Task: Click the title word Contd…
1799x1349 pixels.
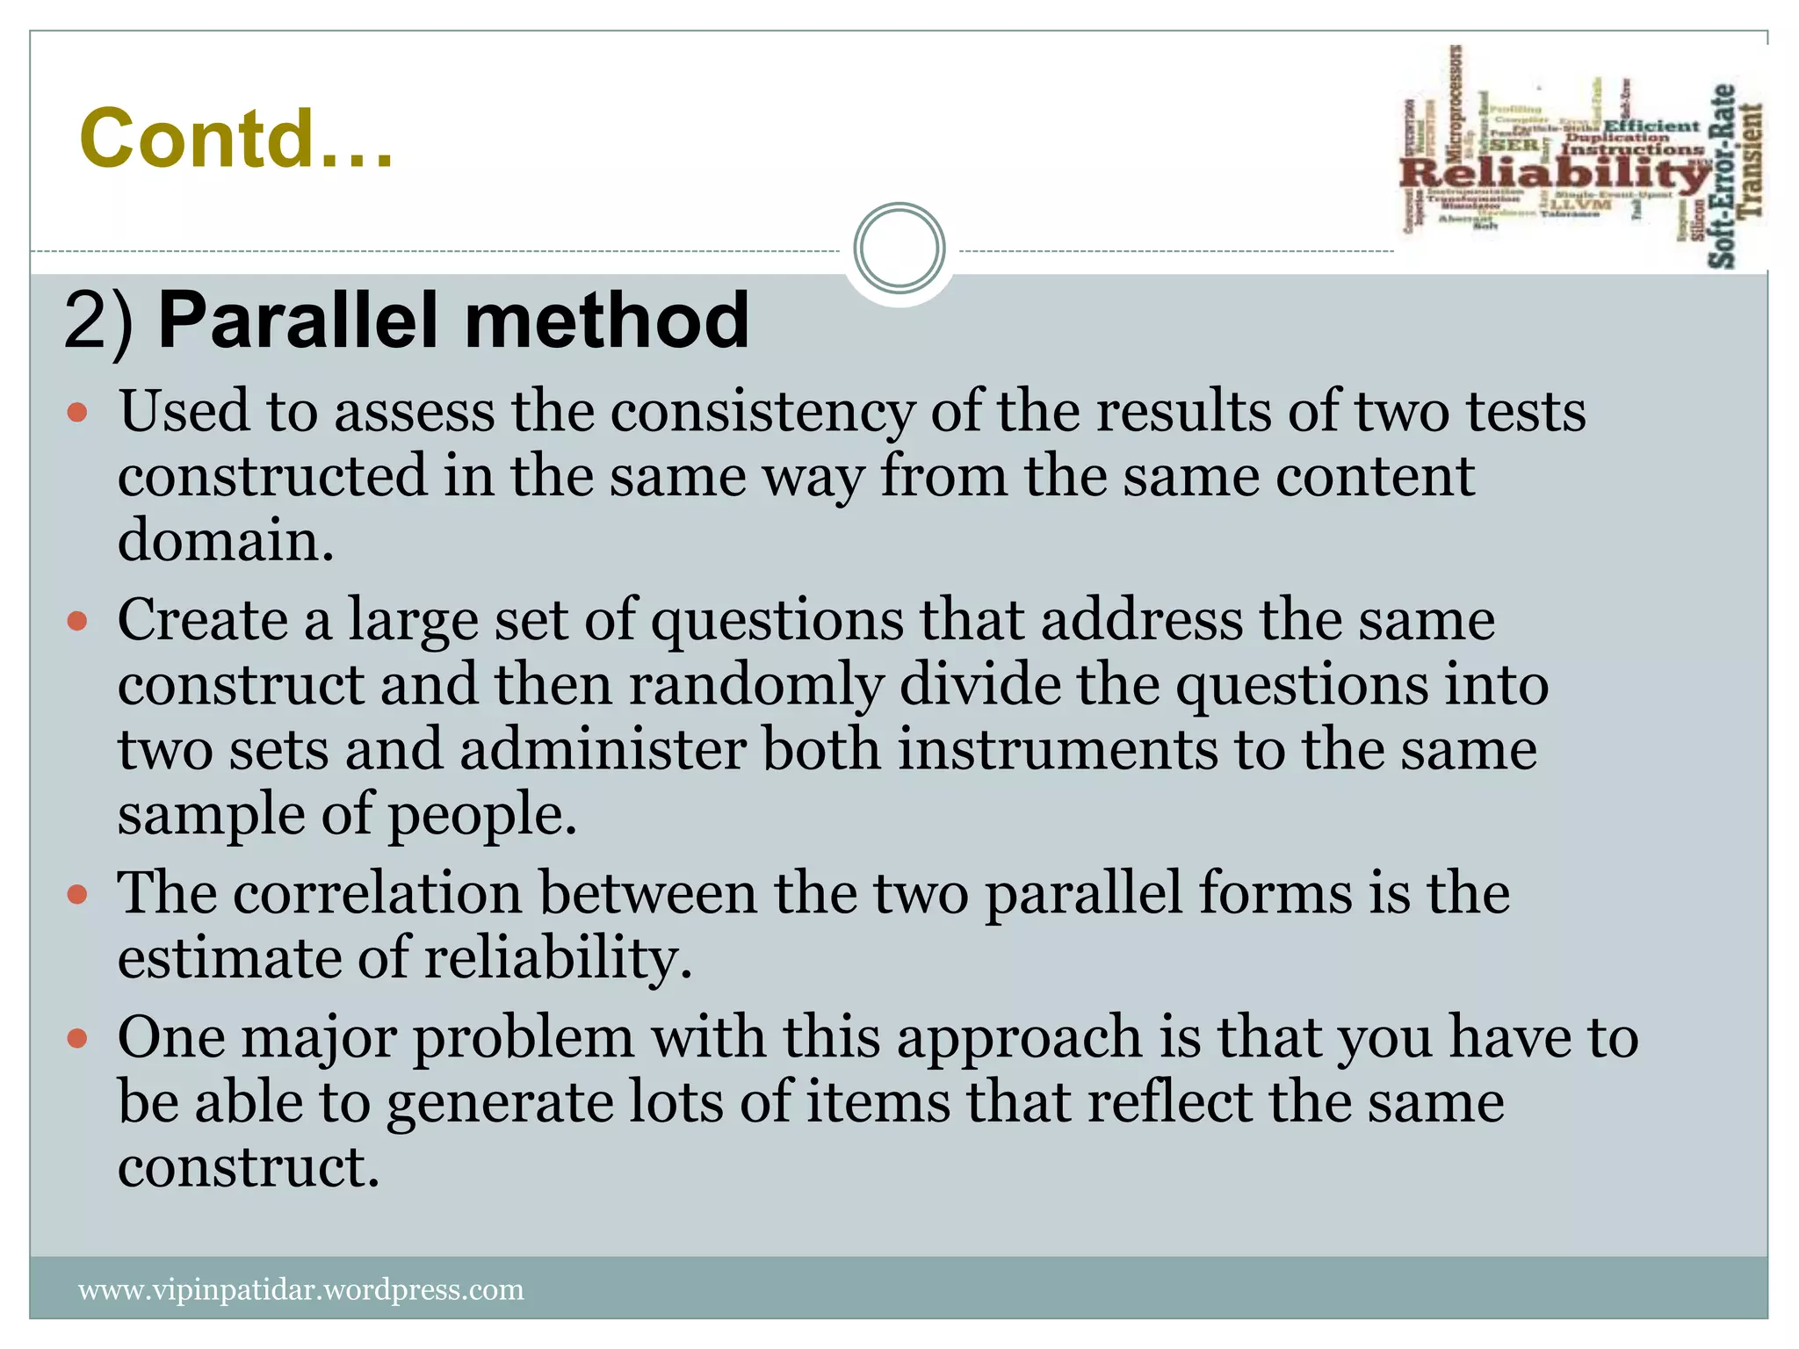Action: click(x=235, y=139)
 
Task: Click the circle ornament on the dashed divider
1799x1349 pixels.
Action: click(x=899, y=249)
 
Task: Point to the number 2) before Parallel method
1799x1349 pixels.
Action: click(x=98, y=322)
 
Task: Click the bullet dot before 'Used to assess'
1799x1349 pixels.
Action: click(x=77, y=412)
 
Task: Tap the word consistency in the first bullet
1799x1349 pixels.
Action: click(x=762, y=412)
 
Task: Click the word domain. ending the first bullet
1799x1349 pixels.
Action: click(x=226, y=540)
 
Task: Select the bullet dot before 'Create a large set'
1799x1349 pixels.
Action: click(x=77, y=622)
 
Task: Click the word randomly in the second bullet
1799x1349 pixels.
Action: click(x=755, y=685)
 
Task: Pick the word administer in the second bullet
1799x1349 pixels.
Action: click(x=603, y=750)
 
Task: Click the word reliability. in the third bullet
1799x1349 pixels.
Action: click(x=559, y=957)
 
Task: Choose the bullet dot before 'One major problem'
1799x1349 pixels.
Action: click(x=77, y=1039)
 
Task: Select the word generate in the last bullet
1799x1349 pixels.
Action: click(x=500, y=1103)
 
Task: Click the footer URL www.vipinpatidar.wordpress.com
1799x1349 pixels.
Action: click(x=301, y=1289)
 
